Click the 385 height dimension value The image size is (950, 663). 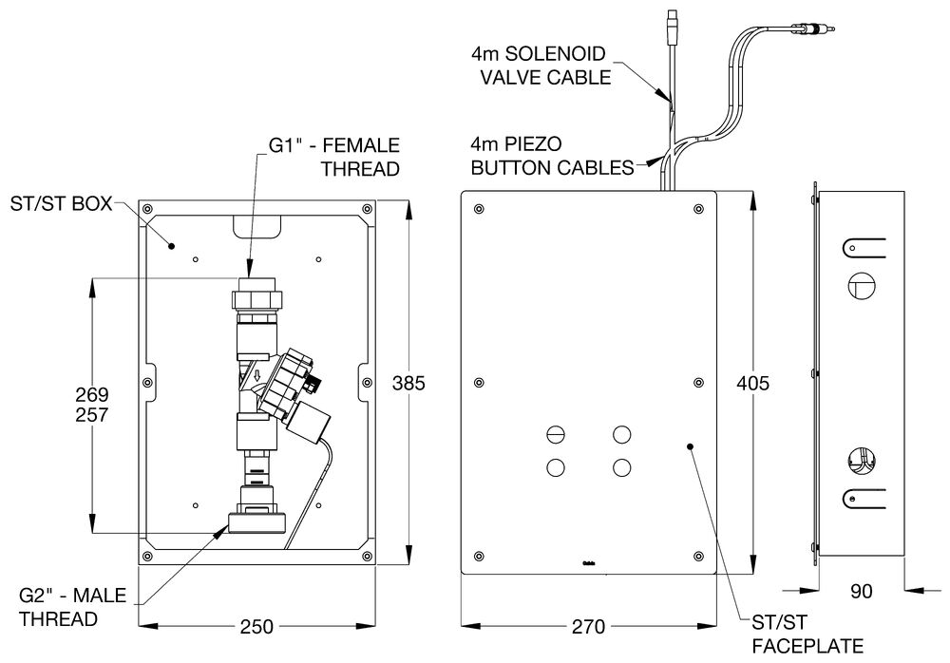pyautogui.click(x=410, y=384)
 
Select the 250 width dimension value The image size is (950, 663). pyautogui.click(x=256, y=628)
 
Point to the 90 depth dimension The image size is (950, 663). pyautogui.click(x=861, y=592)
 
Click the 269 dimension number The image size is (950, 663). pyautogui.click(x=91, y=394)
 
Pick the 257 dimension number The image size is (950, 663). pyautogui.click(x=91, y=415)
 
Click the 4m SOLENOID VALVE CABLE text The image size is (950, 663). pyautogui.click(x=540, y=66)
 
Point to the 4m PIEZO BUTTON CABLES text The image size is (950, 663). pyautogui.click(x=551, y=157)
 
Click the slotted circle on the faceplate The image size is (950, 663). pyautogui.click(x=556, y=434)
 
